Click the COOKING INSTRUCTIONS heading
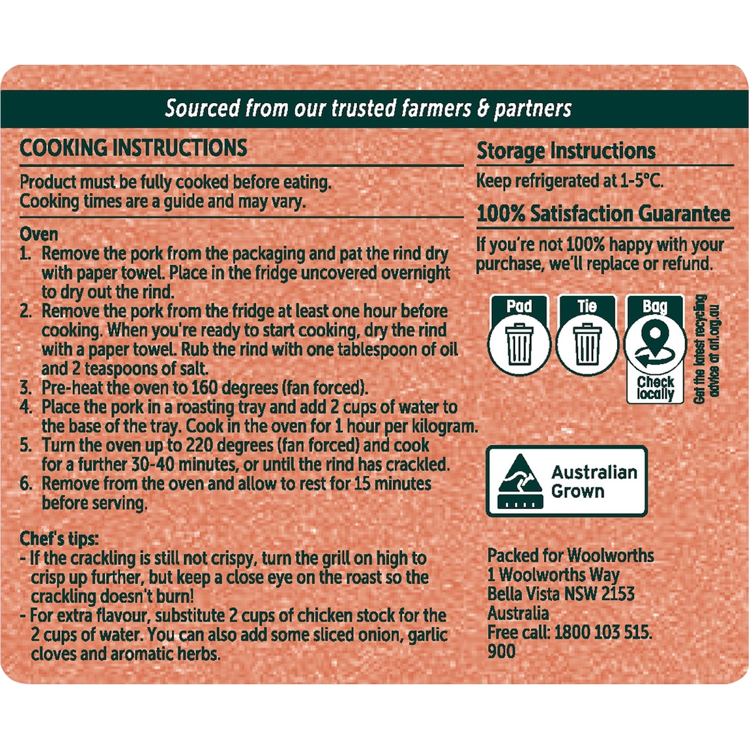(134, 148)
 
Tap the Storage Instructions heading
(566, 151)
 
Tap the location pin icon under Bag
(655, 339)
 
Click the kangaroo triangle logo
(521, 481)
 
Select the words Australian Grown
(594, 482)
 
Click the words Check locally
(655, 388)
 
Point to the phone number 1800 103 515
(603, 632)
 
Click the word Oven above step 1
(39, 235)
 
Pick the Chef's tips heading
(59, 539)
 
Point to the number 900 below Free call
(501, 652)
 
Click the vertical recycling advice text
(706, 350)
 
